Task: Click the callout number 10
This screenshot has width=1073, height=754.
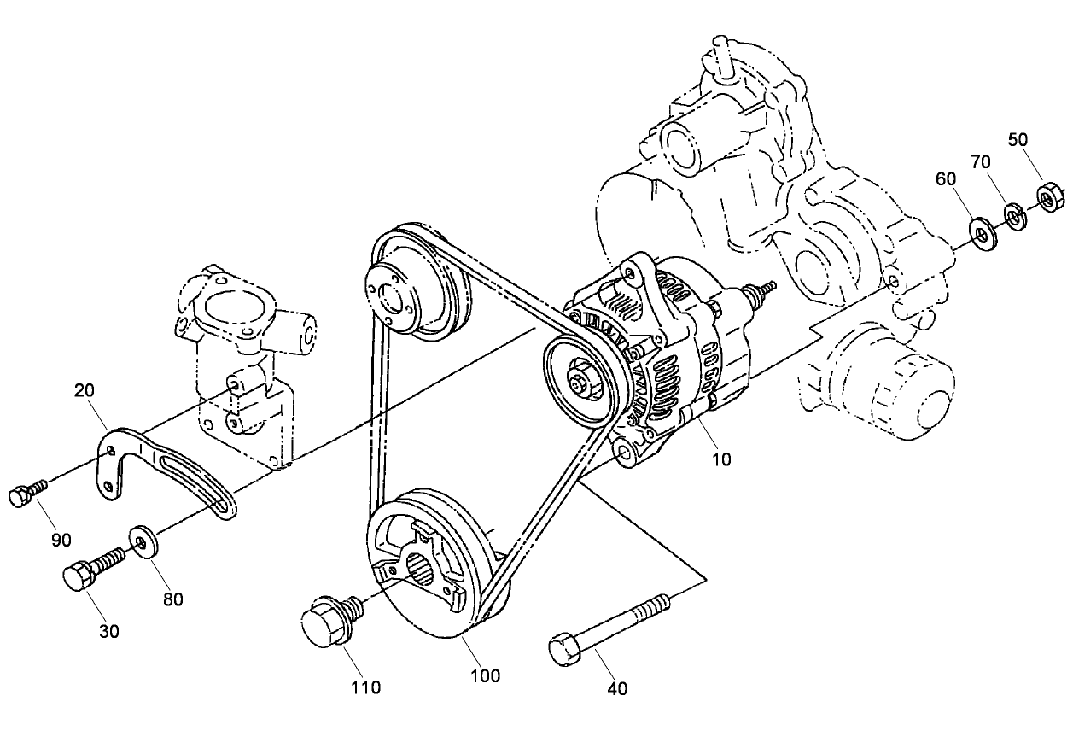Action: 721,459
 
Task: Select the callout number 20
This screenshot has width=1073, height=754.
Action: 84,390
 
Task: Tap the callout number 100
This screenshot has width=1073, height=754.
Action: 484,675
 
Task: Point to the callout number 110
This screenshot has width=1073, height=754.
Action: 364,687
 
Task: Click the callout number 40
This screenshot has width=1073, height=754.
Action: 616,688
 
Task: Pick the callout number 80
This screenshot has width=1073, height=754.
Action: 172,599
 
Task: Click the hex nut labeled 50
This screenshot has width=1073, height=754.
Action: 1049,198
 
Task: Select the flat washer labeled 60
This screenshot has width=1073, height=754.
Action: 979,231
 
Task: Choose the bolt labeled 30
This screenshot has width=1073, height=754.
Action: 90,570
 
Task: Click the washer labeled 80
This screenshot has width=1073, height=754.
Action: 142,541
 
